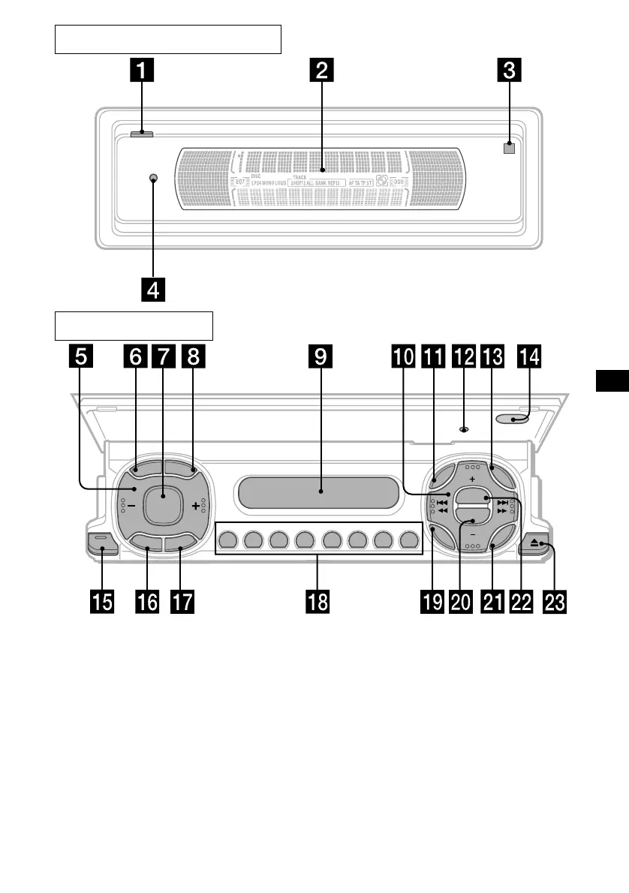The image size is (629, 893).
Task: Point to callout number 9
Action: pyautogui.click(x=321, y=357)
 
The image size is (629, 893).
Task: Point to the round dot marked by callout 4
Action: pyautogui.click(x=153, y=179)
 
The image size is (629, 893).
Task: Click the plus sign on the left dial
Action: pyautogui.click(x=197, y=506)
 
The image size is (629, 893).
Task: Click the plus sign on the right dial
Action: pyautogui.click(x=472, y=477)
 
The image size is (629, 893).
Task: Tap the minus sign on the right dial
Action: pyautogui.click(x=472, y=534)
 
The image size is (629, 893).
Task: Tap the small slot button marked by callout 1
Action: pyautogui.click(x=140, y=135)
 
